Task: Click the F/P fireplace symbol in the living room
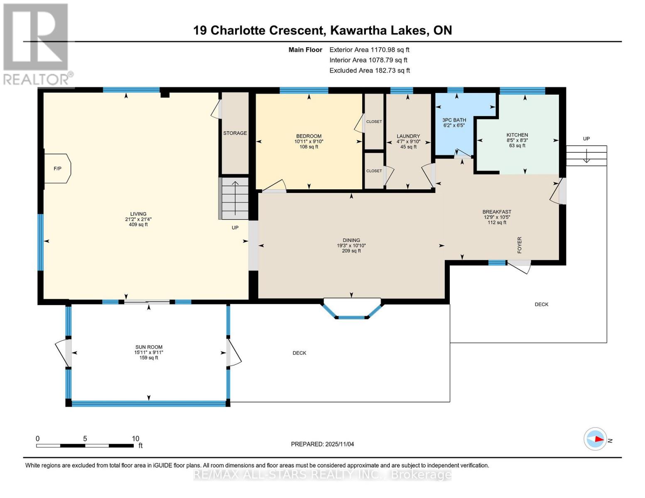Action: click(x=58, y=168)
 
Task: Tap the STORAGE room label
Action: click(x=235, y=133)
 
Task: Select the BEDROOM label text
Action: click(x=309, y=136)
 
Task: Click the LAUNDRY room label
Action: click(x=408, y=136)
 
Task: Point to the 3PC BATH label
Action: click(x=454, y=120)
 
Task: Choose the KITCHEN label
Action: click(x=517, y=135)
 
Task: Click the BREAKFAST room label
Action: click(x=497, y=212)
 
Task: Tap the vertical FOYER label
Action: click(x=520, y=245)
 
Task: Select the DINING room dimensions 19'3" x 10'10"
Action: click(x=351, y=246)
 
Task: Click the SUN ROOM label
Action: click(x=149, y=347)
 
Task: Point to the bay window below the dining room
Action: click(x=352, y=310)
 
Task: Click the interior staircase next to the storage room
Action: click(x=235, y=198)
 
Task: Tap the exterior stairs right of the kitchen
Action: click(x=586, y=155)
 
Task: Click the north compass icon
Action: click(x=595, y=439)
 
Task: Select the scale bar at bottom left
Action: click(x=85, y=446)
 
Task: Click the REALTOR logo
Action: click(x=37, y=44)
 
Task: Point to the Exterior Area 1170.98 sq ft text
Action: click(x=369, y=50)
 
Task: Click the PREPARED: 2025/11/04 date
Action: click(x=322, y=444)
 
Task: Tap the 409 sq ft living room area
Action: click(x=138, y=225)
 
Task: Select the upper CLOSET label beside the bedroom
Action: click(x=374, y=122)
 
